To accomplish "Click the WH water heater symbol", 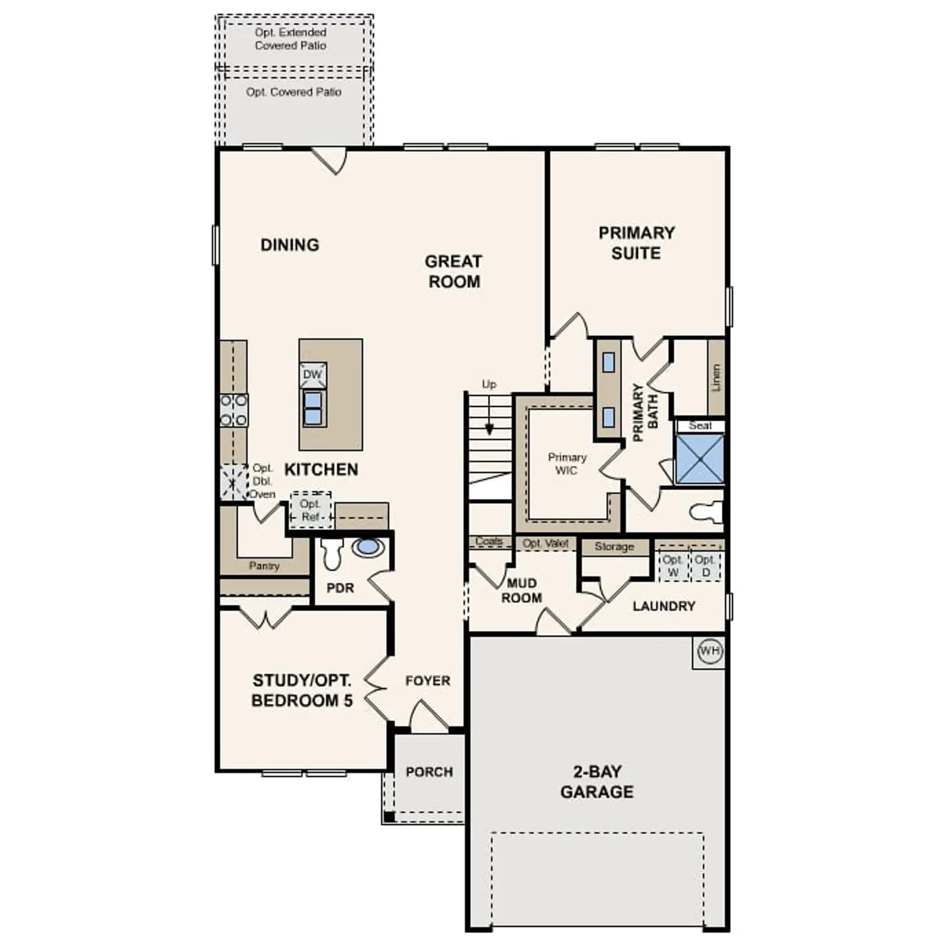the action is coord(709,651).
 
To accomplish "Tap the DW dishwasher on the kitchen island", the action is coord(312,375).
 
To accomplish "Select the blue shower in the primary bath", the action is coord(700,459).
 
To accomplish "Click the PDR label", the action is coord(340,588).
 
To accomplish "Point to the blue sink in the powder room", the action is coord(368,546).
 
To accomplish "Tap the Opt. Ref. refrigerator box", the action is coord(311,510).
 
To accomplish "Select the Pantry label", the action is coord(264,565).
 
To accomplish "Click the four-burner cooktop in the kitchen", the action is coord(234,410).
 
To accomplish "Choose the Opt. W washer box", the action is coord(673,566).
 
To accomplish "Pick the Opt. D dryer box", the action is coord(705,566).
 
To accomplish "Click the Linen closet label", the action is coord(716,377).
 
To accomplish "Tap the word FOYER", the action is coord(428,681).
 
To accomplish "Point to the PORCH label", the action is coord(429,772).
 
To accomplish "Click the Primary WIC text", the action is coord(567,464).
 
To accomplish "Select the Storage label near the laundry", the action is coord(614,547).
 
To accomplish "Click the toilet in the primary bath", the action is coord(706,512).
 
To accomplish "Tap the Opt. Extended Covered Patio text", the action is coord(291,39).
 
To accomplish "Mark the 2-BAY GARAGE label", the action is coord(597,781).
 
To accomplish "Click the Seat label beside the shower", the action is coord(700,426).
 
